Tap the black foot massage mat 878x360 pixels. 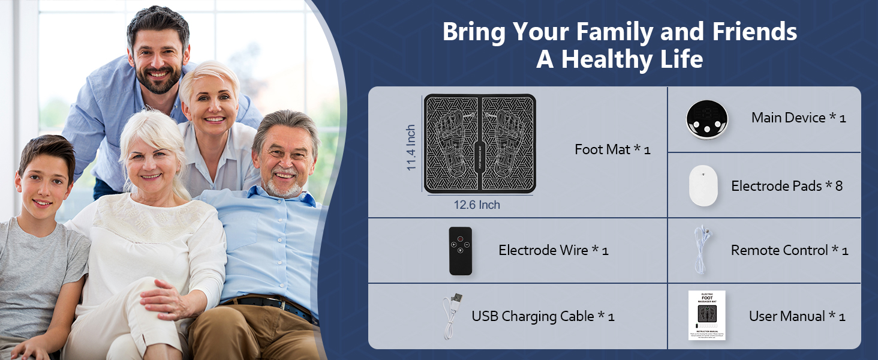coord(480,143)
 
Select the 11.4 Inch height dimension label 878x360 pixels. coord(411,148)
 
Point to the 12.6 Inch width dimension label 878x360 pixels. coord(477,205)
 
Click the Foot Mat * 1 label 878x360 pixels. coord(612,149)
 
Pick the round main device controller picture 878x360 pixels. coord(708,119)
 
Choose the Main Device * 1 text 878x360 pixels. coord(798,118)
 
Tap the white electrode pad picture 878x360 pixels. coord(703,185)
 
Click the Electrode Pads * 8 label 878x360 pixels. coord(787,186)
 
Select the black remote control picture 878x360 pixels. coord(461,251)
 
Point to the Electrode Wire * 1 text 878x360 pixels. coord(553,250)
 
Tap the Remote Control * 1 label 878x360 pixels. coord(789,250)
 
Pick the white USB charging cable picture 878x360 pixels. coord(451,316)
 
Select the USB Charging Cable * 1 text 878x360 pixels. coord(543,316)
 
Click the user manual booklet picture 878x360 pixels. coord(706,316)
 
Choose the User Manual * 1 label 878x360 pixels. coord(797,316)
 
